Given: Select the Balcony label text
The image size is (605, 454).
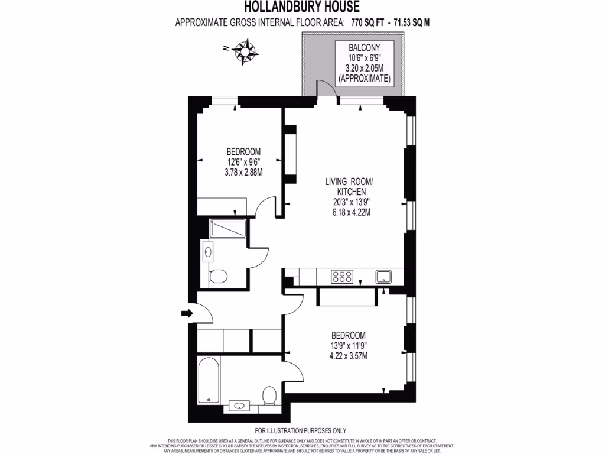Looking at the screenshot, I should click(x=363, y=47).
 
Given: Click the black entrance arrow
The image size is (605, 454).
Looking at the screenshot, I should click(x=187, y=313).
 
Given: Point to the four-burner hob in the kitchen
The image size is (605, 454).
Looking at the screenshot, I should click(x=343, y=276).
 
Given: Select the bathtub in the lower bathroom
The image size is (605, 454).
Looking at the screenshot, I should click(x=207, y=380).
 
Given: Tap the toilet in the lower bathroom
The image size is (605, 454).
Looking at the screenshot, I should click(x=270, y=394).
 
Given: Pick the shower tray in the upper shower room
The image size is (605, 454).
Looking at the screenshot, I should click(x=226, y=228).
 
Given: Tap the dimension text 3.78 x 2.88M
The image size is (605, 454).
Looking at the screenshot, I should click(x=243, y=172).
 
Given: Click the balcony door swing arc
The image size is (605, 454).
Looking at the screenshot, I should click(x=326, y=87).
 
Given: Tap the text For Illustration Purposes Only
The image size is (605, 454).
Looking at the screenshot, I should click(x=301, y=431).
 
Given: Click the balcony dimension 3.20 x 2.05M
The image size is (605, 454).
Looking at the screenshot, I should click(x=363, y=67).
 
